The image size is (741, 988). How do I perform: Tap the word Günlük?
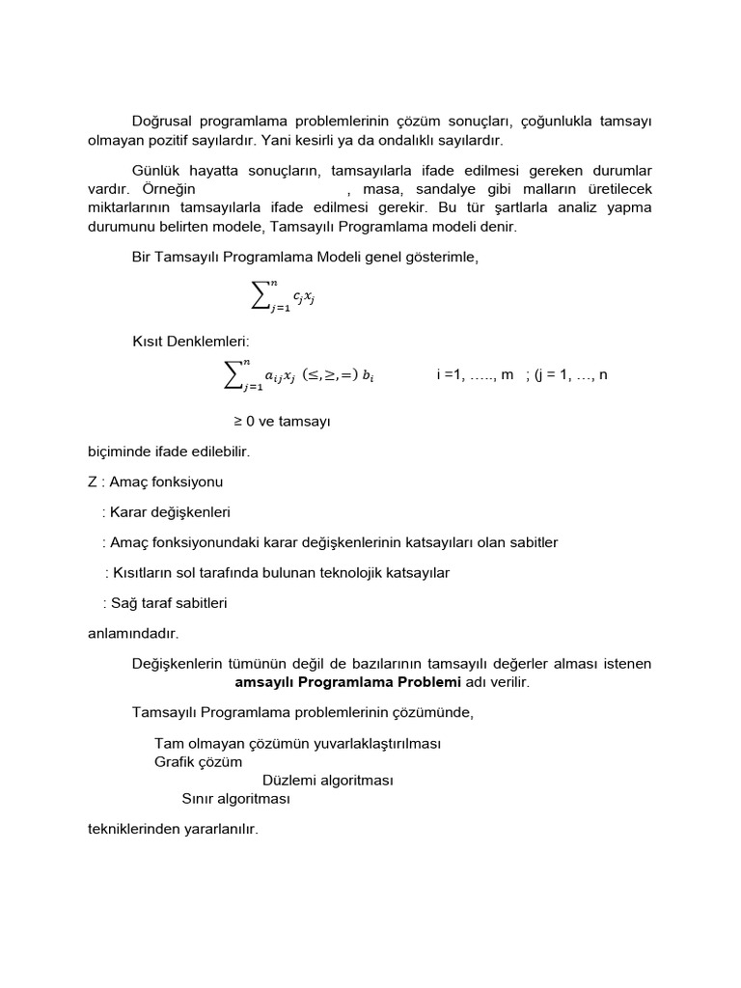pyautogui.click(x=156, y=171)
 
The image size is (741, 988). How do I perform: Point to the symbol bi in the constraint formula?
pyautogui.click(x=368, y=376)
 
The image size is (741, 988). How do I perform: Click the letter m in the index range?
pyautogui.click(x=507, y=374)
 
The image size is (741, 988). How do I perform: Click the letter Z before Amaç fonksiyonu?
pyautogui.click(x=92, y=481)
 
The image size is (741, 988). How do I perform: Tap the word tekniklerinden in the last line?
pyautogui.click(x=132, y=829)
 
